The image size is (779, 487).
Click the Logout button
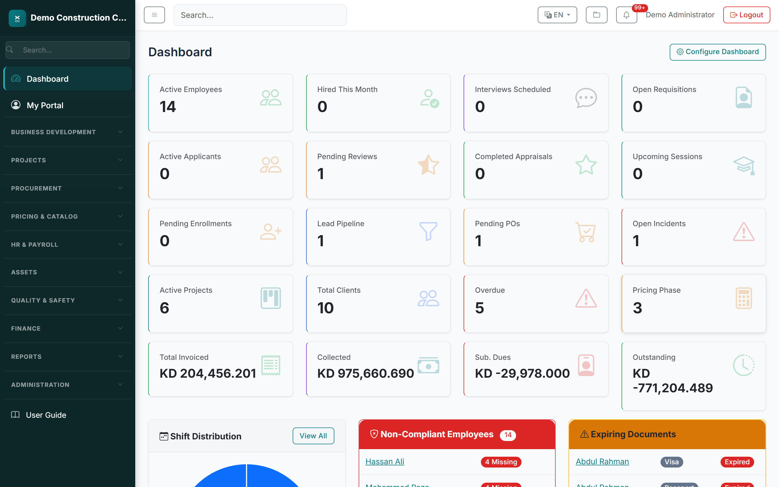coord(746,15)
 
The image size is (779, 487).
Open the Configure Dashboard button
coord(718,52)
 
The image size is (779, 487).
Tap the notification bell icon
coord(626,15)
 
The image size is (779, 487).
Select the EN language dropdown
coord(557,15)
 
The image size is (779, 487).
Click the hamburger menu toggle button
coord(154,15)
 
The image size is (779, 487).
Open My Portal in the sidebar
coord(45,105)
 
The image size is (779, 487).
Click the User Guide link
coord(46,415)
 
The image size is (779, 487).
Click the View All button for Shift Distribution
coord(313,436)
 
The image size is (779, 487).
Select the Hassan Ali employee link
coord(385,462)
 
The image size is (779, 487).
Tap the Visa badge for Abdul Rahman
coord(672,462)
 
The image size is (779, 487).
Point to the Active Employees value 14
coord(168,107)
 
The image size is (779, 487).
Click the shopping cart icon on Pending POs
coord(586,232)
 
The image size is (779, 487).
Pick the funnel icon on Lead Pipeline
coord(428,231)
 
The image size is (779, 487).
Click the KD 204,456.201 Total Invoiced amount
coord(208,373)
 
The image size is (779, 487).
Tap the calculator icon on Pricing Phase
coord(743,298)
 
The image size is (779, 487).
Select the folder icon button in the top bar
coord(596,15)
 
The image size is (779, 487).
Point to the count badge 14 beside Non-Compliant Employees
coord(508,435)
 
